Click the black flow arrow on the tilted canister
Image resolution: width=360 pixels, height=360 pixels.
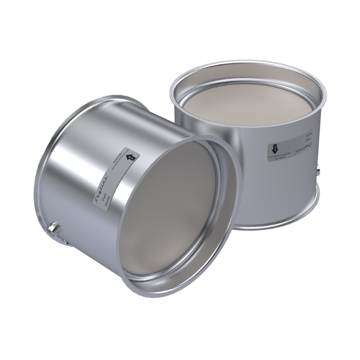130,156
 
